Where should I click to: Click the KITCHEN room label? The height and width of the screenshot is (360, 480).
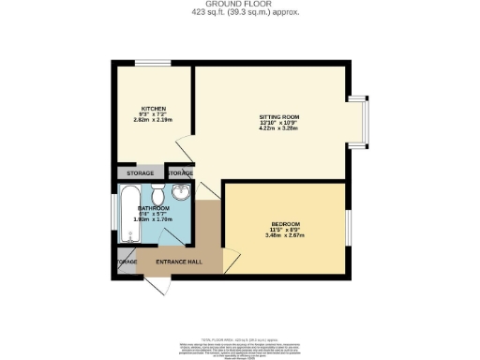[x=153, y=108]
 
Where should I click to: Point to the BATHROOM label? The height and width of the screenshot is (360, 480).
[x=153, y=207]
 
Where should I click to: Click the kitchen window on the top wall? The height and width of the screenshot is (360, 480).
[x=146, y=64]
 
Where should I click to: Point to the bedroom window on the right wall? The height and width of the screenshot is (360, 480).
[x=350, y=225]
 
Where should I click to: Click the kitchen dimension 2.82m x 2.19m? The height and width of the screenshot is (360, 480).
[x=153, y=121]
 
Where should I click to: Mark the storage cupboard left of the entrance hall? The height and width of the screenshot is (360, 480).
[x=127, y=262]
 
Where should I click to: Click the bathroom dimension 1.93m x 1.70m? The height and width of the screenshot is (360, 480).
[x=153, y=219]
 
